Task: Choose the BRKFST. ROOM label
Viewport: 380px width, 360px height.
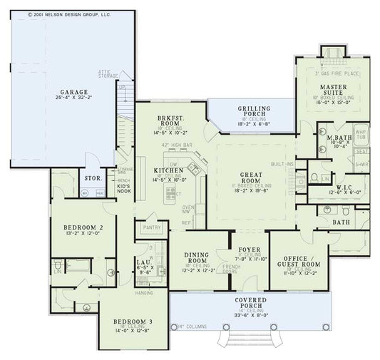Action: point(174,120)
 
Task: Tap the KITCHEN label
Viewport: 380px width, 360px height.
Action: point(168,171)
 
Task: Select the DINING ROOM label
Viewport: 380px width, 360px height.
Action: point(195,257)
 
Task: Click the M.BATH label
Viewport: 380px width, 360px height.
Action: point(330,137)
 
